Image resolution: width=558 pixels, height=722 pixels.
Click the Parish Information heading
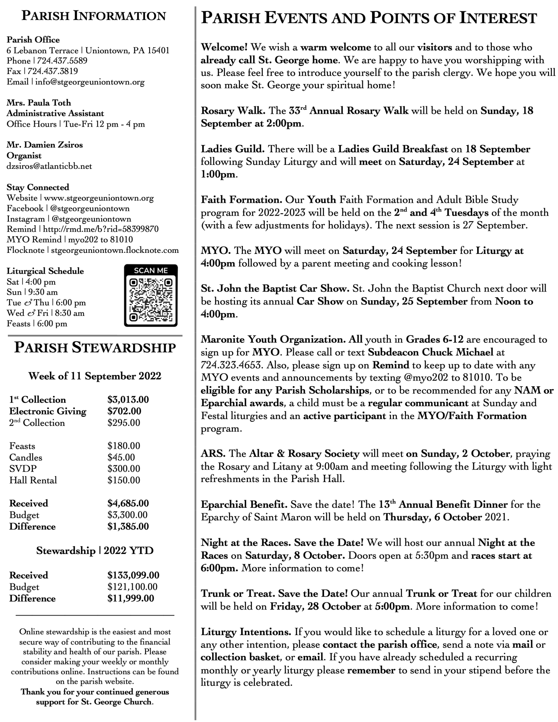pyautogui.click(x=94, y=16)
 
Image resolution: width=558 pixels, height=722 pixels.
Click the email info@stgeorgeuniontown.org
pyautogui.click(x=90, y=82)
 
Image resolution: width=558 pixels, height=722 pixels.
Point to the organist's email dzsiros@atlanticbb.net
pyautogui.click(x=49, y=166)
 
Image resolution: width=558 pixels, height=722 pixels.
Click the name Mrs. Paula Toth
pyautogui.click(x=39, y=103)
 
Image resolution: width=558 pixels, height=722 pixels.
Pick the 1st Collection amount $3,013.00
pyautogui.click(x=128, y=400)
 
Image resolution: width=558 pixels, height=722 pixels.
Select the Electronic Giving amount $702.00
pyautogui.click(x=124, y=411)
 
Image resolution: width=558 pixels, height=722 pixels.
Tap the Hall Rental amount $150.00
pyautogui.click(x=124, y=480)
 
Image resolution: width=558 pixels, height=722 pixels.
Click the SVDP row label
pyautogui.click(x=23, y=469)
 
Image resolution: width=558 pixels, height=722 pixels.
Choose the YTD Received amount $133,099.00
pyautogui.click(x=133, y=575)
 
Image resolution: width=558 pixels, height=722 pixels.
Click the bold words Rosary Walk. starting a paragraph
pyautogui.click(x=233, y=111)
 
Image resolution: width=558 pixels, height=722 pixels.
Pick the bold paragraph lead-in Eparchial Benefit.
pyautogui.click(x=244, y=505)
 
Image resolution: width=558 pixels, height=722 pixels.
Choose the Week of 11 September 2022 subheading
pyautogui.click(x=95, y=376)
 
